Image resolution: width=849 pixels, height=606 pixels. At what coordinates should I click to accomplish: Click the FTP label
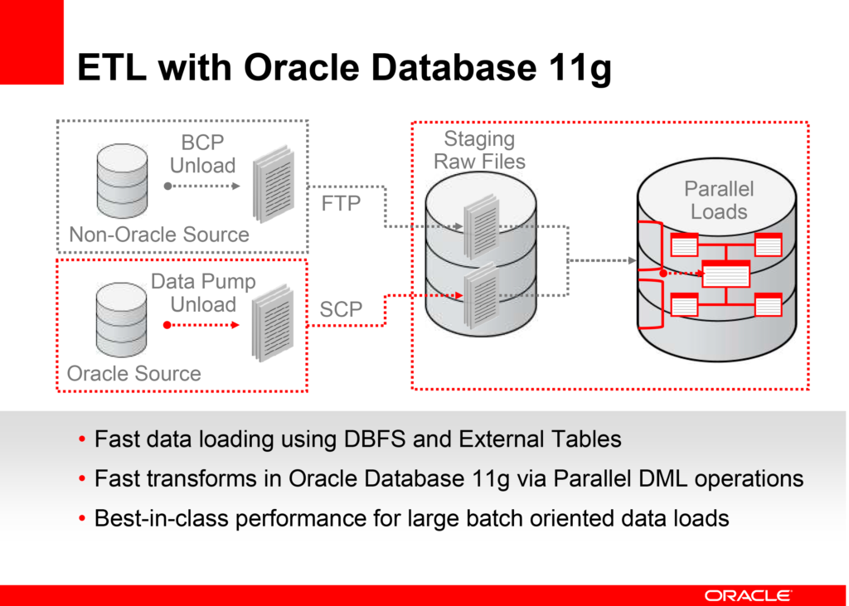[x=341, y=204]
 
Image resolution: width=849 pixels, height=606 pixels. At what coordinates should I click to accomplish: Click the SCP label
[x=341, y=310]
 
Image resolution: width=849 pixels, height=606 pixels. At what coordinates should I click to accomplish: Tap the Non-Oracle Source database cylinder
[x=123, y=181]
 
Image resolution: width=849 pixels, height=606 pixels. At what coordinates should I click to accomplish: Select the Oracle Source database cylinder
[x=121, y=319]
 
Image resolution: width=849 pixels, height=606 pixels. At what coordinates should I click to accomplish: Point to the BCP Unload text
[x=202, y=154]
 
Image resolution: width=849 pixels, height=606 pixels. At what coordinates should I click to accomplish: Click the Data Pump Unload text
[x=203, y=293]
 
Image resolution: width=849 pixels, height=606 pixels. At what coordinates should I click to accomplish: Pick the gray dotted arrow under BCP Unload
[x=202, y=187]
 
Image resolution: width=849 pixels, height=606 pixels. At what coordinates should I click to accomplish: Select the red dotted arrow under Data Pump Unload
[x=201, y=325]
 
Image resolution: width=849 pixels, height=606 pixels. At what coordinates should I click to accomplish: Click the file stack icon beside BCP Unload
[x=274, y=184]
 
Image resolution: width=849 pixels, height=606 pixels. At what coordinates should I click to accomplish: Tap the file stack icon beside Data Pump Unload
[x=273, y=323]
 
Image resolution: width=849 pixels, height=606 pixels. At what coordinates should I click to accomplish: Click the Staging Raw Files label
[x=479, y=150]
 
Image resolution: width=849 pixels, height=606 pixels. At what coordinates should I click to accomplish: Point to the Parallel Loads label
[x=719, y=200]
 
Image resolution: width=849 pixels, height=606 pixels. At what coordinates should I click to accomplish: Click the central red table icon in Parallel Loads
[x=726, y=274]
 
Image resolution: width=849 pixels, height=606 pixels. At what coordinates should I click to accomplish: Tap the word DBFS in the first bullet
[x=375, y=439]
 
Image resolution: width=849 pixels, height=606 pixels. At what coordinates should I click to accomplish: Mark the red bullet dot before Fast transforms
[x=82, y=479]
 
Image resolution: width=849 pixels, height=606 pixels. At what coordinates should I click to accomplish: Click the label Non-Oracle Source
[x=159, y=235]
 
